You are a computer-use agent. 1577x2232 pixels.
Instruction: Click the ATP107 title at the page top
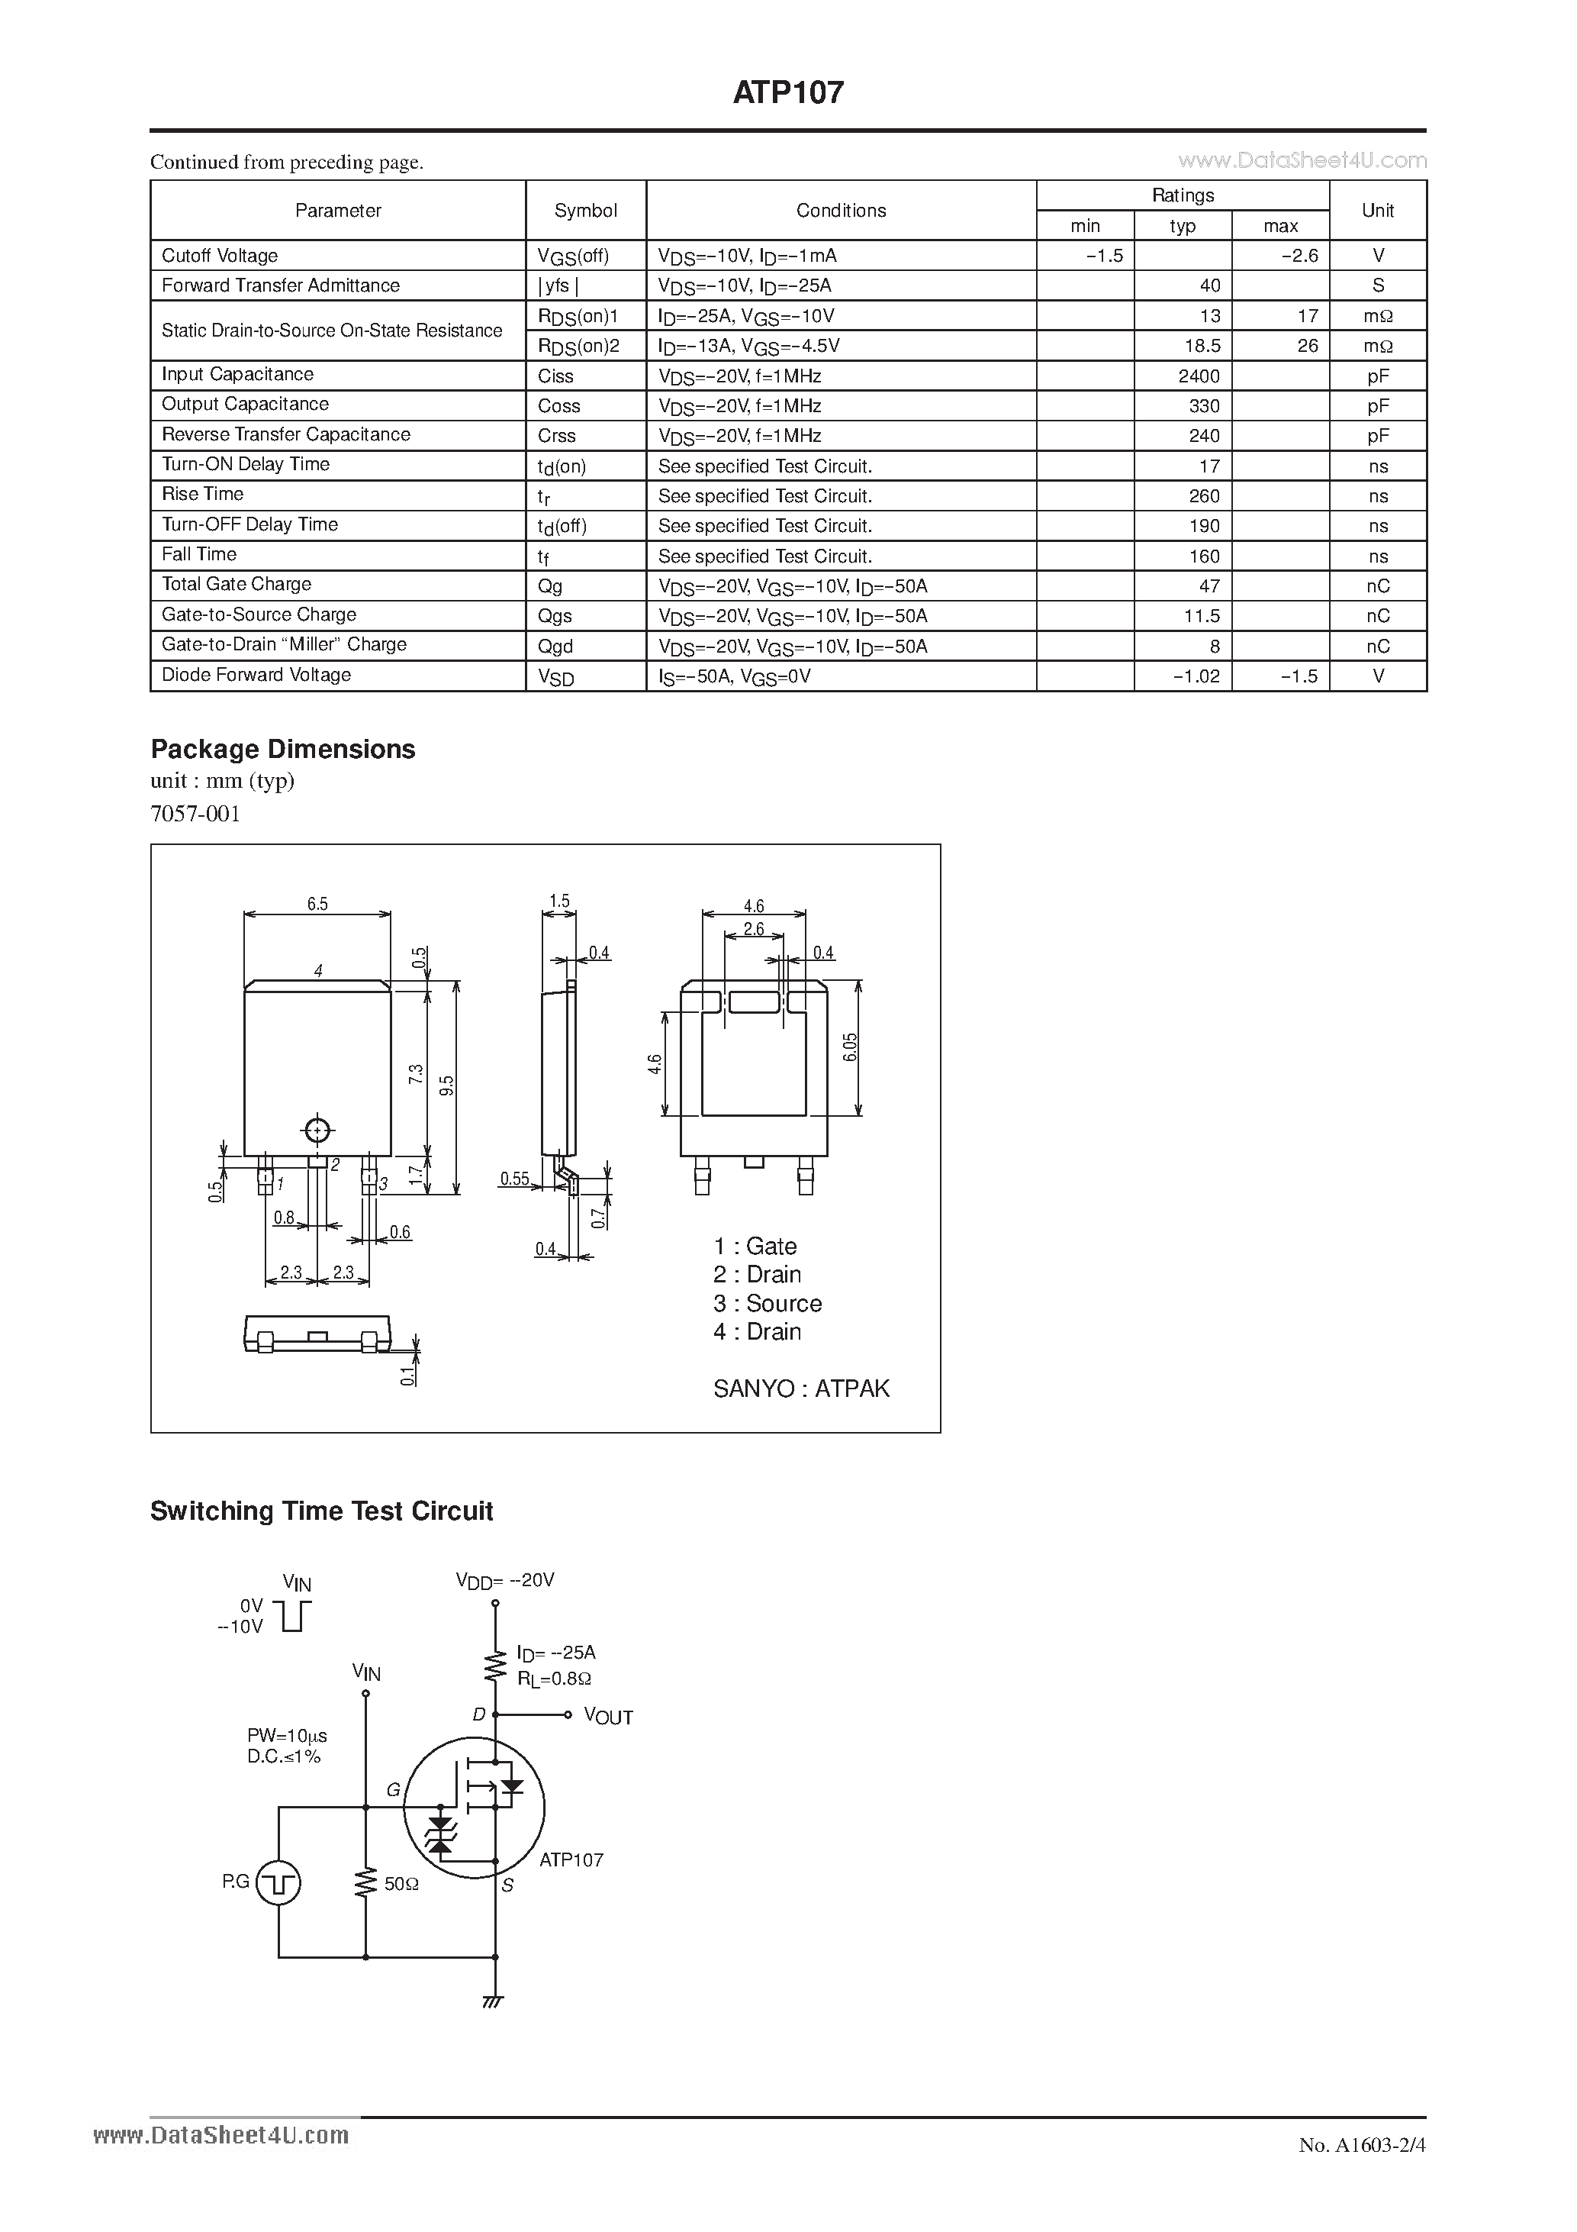[x=788, y=92]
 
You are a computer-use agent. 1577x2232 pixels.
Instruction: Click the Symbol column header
[x=585, y=211]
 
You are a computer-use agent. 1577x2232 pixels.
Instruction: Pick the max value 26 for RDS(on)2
[x=1307, y=346]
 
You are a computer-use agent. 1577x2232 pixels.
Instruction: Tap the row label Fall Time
[x=199, y=554]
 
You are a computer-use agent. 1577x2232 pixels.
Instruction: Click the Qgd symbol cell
[x=555, y=647]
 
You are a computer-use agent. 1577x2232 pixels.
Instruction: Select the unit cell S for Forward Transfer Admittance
[x=1378, y=285]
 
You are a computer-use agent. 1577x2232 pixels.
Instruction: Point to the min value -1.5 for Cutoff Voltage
[x=1105, y=256]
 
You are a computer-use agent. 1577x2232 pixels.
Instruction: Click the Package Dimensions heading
[x=283, y=750]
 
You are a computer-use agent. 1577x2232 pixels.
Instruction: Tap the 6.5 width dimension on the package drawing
[x=317, y=904]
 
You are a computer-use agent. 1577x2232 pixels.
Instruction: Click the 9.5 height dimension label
[x=447, y=1085]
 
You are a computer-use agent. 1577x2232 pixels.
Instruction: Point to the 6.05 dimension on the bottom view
[x=850, y=1047]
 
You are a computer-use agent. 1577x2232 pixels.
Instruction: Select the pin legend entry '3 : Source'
[x=768, y=1304]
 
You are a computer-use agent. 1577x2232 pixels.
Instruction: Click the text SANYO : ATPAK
[x=800, y=1389]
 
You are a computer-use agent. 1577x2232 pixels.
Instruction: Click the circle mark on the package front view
[x=317, y=1131]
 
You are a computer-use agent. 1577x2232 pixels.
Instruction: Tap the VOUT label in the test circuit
[x=608, y=1718]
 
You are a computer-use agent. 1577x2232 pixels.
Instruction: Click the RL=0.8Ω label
[x=554, y=1679]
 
